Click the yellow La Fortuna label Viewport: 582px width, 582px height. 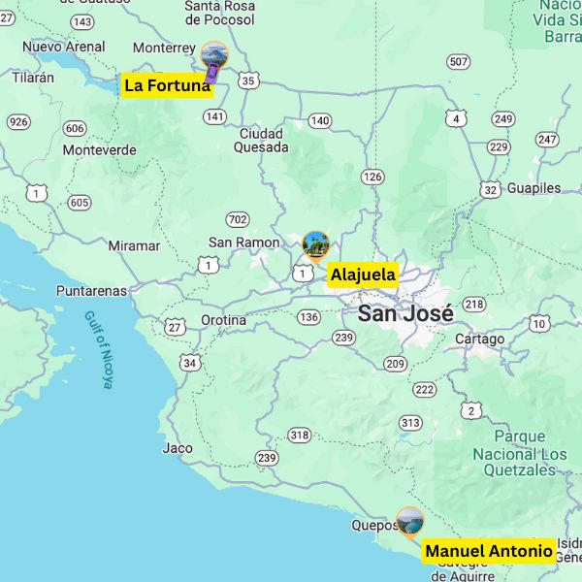tap(167, 85)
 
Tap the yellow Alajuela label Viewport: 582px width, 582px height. tap(363, 275)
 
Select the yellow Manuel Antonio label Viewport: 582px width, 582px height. tap(489, 551)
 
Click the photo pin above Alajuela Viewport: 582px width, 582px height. tap(315, 245)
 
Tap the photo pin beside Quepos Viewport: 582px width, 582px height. tap(409, 521)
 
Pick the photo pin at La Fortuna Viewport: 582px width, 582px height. tap(213, 57)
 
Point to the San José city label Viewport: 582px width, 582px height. tap(405, 313)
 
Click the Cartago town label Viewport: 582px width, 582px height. tap(479, 339)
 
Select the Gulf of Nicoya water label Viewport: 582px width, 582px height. tap(98, 349)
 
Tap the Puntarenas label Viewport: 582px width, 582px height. tap(91, 290)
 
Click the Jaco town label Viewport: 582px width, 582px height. tap(178, 448)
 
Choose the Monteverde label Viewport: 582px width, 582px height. tap(99, 150)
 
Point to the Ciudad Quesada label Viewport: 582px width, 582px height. tap(261, 141)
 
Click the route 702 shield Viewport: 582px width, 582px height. tap(238, 220)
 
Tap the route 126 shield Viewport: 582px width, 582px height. tap(372, 177)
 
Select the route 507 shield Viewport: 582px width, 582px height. tap(459, 62)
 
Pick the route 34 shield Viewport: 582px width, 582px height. tap(190, 364)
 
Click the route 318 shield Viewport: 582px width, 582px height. tap(300, 436)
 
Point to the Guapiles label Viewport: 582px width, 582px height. tap(533, 188)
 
